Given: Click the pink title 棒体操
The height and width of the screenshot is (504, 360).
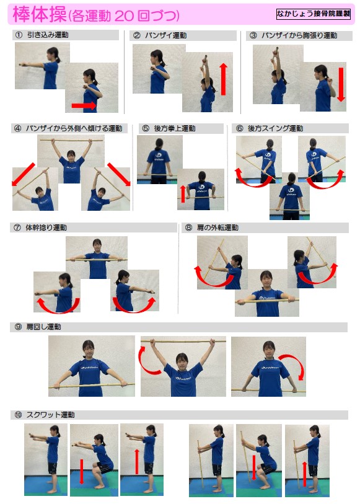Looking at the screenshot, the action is pos(40,14).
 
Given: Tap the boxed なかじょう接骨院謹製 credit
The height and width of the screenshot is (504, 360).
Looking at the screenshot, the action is pos(313,14).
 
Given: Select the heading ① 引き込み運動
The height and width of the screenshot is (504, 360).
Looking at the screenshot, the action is pos(42,35).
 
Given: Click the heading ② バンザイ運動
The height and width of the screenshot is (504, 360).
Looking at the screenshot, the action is pos(160,35).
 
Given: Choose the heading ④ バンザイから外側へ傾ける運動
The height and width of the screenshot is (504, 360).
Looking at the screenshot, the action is pos(68,128).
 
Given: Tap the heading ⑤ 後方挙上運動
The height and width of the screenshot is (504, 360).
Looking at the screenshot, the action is pos(169,128).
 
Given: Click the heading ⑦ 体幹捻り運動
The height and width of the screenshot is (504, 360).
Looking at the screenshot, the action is pos(40,228).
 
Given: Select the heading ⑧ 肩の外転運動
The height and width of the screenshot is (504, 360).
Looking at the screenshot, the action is pos(212,228).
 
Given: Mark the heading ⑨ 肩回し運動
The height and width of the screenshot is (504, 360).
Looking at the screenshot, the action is pos(38,327).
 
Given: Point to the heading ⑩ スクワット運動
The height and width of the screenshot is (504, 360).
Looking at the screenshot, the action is pos(45,415).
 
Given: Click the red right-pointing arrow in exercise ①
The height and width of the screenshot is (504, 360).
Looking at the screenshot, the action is pos(84,105).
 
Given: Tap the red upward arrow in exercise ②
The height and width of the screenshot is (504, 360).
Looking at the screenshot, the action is pos(224,79).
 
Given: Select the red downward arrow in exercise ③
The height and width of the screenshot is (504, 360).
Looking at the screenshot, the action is pos(341,84).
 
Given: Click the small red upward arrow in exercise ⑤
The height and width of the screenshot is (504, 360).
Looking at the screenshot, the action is pos(183,194).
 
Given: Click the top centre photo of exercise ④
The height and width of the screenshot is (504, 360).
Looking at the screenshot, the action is pos(71,159).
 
